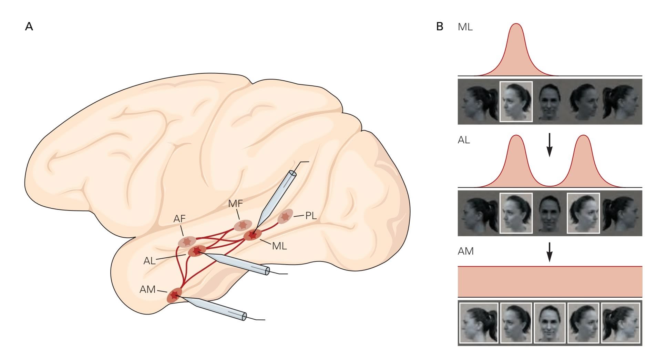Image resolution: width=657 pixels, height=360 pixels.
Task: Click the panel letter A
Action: [29, 27]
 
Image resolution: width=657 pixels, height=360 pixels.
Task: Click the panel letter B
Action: [440, 27]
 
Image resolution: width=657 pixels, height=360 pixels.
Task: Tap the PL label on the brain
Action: [311, 216]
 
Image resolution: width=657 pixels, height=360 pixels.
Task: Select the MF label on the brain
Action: [236, 204]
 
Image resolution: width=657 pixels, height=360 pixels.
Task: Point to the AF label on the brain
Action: [179, 218]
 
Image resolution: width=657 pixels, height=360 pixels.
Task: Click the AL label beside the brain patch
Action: [149, 261]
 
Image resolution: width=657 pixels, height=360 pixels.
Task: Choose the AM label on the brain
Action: [147, 289]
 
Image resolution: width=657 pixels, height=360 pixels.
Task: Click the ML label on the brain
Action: [279, 246]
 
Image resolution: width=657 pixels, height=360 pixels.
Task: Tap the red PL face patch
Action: [285, 216]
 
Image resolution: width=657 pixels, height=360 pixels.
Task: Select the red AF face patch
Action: [187, 241]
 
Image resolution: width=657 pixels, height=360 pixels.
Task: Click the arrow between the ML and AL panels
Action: [550, 144]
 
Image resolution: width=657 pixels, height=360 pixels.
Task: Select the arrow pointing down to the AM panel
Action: [550, 252]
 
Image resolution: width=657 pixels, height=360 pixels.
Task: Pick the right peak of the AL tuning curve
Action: [583, 136]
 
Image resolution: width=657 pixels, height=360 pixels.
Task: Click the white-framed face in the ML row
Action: [516, 102]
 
